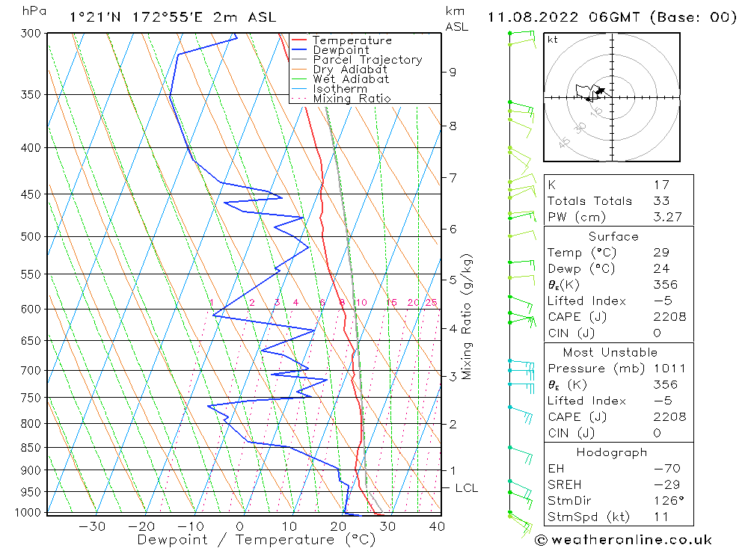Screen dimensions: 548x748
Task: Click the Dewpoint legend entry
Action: pos(340,50)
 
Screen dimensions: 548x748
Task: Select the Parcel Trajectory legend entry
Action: pos(367,60)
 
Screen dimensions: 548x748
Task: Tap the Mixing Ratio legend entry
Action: pos(352,98)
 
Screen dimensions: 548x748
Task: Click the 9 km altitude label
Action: pos(453,72)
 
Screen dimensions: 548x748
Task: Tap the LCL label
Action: pos(466,488)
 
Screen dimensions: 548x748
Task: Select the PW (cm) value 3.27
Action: pos(666,217)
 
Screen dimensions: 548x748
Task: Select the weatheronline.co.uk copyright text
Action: pos(623,539)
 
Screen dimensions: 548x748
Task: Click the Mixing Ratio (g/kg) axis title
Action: pos(467,316)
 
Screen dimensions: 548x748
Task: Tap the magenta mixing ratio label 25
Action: pos(431,303)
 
